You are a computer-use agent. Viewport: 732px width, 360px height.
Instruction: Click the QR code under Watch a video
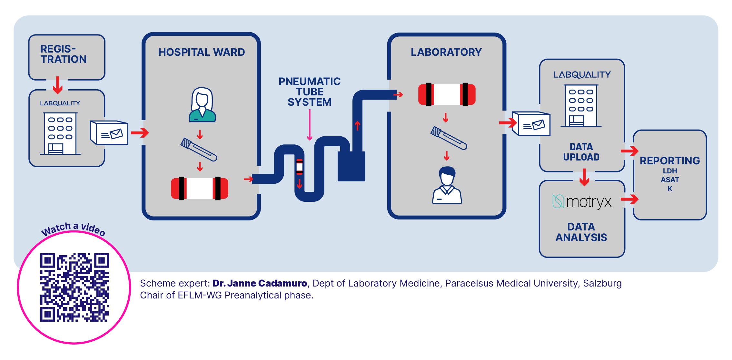(x=74, y=287)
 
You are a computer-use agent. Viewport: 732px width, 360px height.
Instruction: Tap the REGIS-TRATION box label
(x=64, y=54)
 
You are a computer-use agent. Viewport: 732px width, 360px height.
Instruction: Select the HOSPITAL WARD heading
(x=202, y=52)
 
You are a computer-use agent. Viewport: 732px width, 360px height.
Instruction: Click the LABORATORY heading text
(x=446, y=52)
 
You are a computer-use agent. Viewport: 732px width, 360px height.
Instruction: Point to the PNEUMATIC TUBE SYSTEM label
(x=310, y=92)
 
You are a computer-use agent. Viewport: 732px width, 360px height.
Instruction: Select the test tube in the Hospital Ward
(x=199, y=150)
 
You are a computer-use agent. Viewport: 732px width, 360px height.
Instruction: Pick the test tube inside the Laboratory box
(x=449, y=138)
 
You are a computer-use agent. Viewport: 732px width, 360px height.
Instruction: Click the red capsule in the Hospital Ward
(x=200, y=188)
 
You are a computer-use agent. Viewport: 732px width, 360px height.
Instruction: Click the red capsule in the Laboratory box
(x=447, y=94)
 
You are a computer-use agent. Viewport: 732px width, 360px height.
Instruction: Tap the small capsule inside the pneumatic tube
(x=300, y=167)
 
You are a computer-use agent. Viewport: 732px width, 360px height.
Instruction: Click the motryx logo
(x=582, y=202)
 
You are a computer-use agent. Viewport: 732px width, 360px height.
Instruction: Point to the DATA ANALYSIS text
(x=581, y=232)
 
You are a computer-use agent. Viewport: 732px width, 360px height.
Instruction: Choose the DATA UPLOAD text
(x=581, y=152)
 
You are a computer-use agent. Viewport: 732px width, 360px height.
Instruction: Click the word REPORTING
(x=670, y=161)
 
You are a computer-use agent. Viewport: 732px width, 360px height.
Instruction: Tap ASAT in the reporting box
(x=670, y=180)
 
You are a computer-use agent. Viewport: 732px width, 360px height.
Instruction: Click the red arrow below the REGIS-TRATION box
(x=58, y=85)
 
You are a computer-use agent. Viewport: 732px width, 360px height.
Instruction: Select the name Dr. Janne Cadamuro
(x=260, y=283)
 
